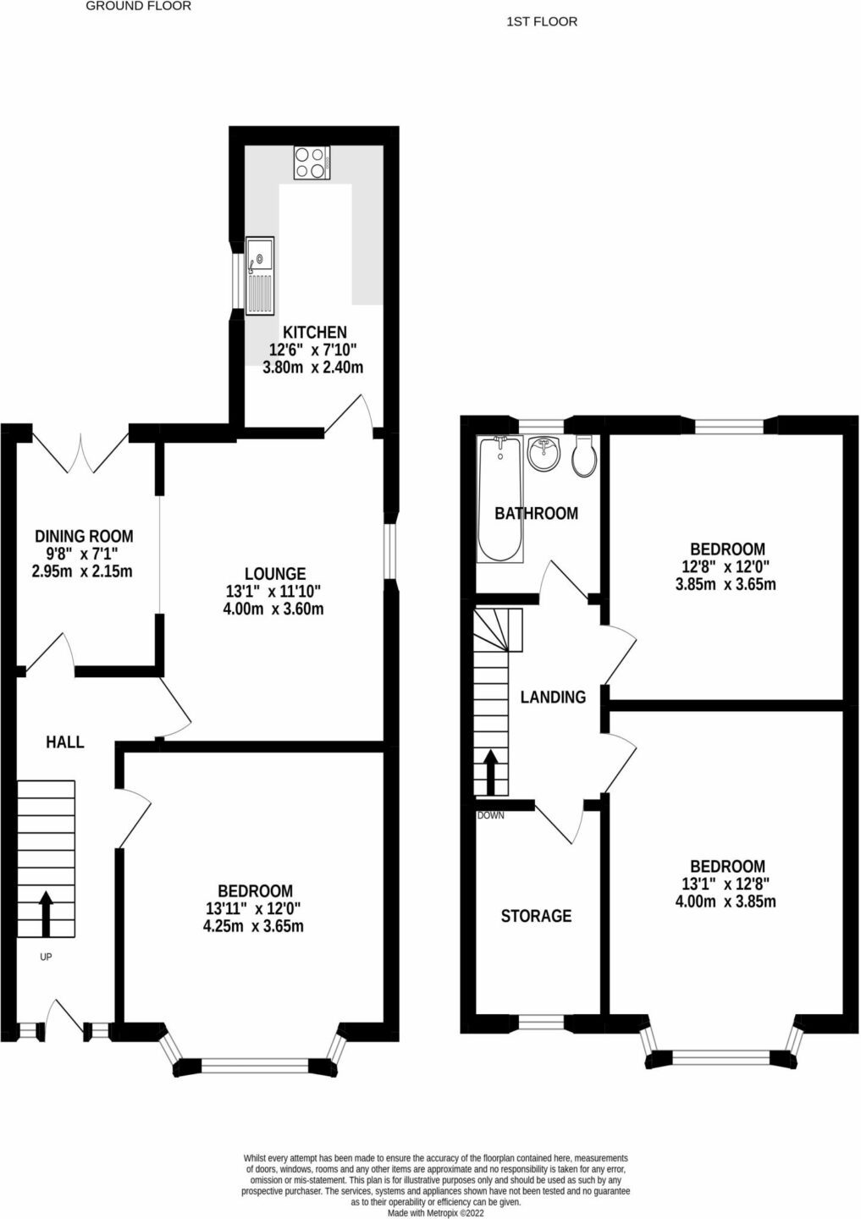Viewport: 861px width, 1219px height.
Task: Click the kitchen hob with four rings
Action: tap(312, 163)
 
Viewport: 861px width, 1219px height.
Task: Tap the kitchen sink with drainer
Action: tap(260, 275)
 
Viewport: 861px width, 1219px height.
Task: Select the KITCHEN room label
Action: tap(315, 332)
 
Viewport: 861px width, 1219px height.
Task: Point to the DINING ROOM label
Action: tap(84, 536)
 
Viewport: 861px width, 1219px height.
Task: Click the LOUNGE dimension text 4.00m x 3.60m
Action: tap(273, 609)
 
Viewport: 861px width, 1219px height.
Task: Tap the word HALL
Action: tap(64, 742)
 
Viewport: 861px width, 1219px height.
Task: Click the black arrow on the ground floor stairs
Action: tap(46, 913)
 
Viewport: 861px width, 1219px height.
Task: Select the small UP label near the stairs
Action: tap(46, 957)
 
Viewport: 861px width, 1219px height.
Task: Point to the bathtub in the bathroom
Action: tap(500, 499)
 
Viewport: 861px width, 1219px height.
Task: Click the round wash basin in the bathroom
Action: tap(544, 453)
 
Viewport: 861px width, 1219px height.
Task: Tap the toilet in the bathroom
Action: tap(584, 456)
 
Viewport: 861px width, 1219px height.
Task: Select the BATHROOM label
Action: tap(536, 513)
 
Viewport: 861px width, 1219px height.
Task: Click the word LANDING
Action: tap(553, 698)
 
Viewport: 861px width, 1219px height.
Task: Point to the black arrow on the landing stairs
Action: tap(490, 771)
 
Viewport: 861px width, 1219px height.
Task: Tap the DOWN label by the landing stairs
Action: tap(490, 815)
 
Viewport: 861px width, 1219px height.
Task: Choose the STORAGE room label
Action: tap(536, 916)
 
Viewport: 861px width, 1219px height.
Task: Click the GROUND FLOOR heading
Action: tap(139, 7)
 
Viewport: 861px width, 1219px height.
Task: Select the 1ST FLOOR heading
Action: tap(542, 22)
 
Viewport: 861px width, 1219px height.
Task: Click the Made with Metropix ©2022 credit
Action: tap(435, 1213)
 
